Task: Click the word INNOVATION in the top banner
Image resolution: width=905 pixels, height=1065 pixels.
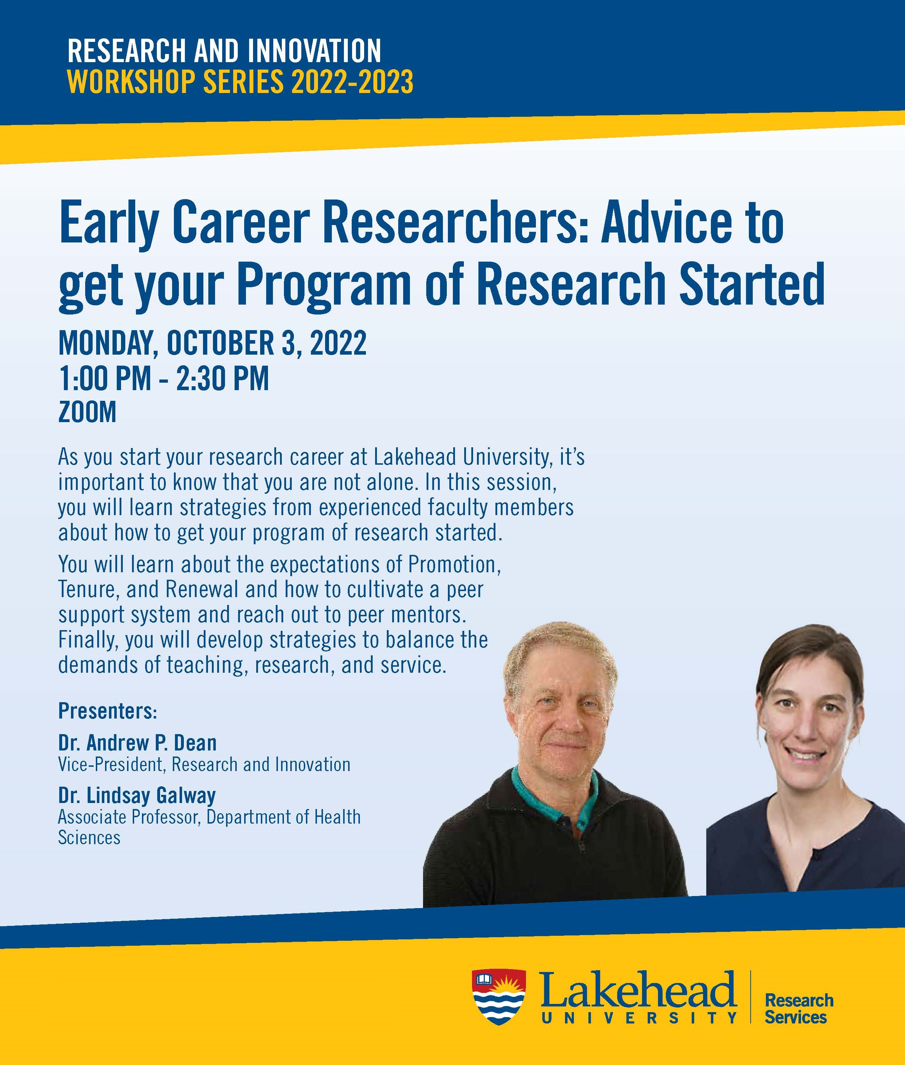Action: tap(314, 51)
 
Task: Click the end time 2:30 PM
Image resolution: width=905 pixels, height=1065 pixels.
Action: tap(223, 379)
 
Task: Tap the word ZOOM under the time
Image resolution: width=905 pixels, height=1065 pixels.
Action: tap(87, 412)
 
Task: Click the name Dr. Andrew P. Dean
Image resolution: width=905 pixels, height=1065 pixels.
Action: tap(137, 743)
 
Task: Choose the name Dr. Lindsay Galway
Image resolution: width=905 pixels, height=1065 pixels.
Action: tap(137, 795)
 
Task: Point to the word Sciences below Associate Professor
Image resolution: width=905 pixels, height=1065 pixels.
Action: tap(89, 838)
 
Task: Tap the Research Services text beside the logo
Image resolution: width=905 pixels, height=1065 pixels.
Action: tap(799, 1009)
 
